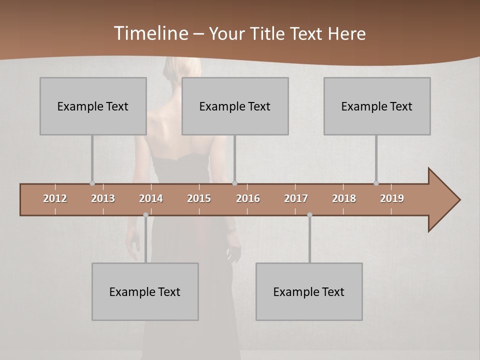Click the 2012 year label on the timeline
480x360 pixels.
pos(55,198)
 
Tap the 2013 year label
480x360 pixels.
pos(103,198)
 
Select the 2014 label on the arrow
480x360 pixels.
pos(151,198)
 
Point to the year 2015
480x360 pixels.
pos(199,198)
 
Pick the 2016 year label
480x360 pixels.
pos(248,198)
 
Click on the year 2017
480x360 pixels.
pos(296,198)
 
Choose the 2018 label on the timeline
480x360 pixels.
pos(344,198)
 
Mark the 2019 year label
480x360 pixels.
pos(392,198)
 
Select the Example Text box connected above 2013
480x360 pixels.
pos(93,106)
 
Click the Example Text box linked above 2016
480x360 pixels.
pos(235,106)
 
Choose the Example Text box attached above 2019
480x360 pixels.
pos(377,106)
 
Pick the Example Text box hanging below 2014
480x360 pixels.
pos(145,291)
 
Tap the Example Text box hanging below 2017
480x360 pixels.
pos(309,291)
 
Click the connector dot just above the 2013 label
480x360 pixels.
pos(92,183)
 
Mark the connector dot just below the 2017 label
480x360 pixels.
pos(309,215)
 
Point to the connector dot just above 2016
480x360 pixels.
pos(234,183)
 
